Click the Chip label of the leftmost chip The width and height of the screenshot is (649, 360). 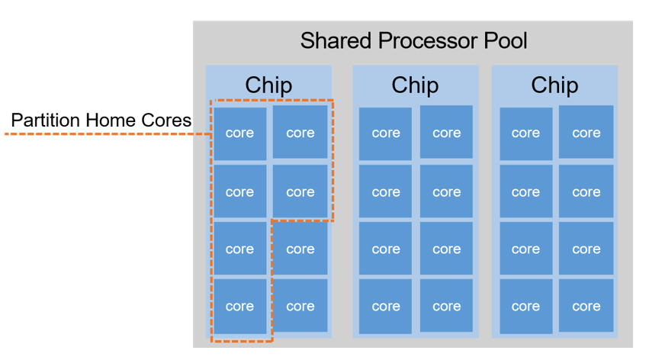(268, 85)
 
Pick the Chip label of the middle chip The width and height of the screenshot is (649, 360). (415, 85)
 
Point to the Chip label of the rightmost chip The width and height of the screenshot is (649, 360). (554, 85)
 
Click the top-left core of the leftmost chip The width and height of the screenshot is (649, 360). (239, 133)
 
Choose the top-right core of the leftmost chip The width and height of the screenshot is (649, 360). (300, 133)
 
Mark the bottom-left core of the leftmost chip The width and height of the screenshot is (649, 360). (239, 307)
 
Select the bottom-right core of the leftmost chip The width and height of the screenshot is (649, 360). (300, 307)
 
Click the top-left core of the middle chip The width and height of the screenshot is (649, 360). (386, 133)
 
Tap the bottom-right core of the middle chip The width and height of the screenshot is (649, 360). (446, 307)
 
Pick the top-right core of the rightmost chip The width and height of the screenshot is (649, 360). (586, 133)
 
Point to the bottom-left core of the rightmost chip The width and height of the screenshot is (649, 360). (525, 307)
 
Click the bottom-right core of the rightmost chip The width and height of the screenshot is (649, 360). (586, 307)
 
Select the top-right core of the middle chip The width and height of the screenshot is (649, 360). (446, 133)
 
